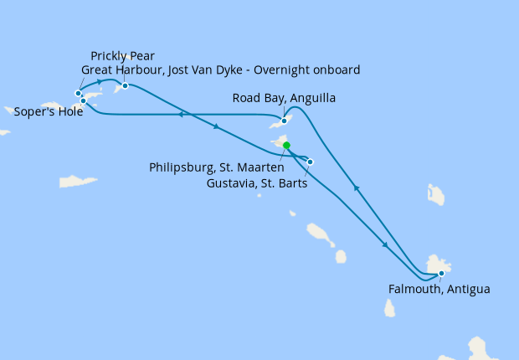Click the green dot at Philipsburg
point(286,145)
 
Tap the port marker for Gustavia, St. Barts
point(311,162)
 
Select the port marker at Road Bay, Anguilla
point(284,121)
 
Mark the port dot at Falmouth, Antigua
point(441,273)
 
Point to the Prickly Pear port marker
point(125,85)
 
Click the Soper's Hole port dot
point(83,100)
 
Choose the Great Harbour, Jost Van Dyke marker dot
point(79,93)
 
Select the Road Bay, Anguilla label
point(284,98)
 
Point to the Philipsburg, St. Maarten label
point(216,167)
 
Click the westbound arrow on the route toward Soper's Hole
point(180,115)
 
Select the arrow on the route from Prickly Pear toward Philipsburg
point(216,127)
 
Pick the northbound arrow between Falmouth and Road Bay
point(357,188)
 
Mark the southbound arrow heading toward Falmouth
point(384,244)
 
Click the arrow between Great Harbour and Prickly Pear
point(100,81)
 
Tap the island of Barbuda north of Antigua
point(435,195)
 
